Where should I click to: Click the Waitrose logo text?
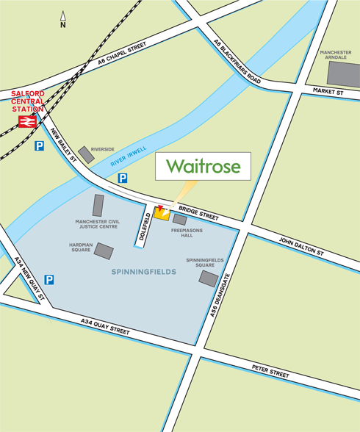[203, 167]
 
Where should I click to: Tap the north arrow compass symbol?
[63, 19]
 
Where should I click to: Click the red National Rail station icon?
[28, 122]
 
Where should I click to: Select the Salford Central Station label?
[27, 101]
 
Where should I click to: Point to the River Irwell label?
[129, 156]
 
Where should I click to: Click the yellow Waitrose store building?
[162, 214]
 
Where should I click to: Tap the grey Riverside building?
[86, 154]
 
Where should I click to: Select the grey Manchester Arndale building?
[342, 74]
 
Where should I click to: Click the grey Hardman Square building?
[104, 251]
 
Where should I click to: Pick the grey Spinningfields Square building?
[209, 278]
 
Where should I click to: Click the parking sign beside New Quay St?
[49, 279]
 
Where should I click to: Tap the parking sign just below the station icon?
[39, 145]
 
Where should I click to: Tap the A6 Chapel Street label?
[121, 56]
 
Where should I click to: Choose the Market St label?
[328, 93]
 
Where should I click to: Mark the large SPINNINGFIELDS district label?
[144, 272]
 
